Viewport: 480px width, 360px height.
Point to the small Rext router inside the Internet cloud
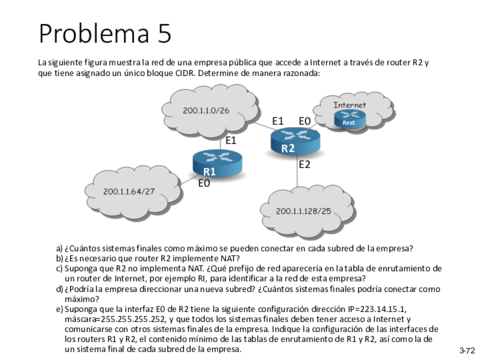(348, 118)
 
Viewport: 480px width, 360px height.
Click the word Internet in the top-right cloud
(349, 104)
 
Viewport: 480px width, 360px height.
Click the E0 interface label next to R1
(204, 183)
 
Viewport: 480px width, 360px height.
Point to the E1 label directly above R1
(229, 140)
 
